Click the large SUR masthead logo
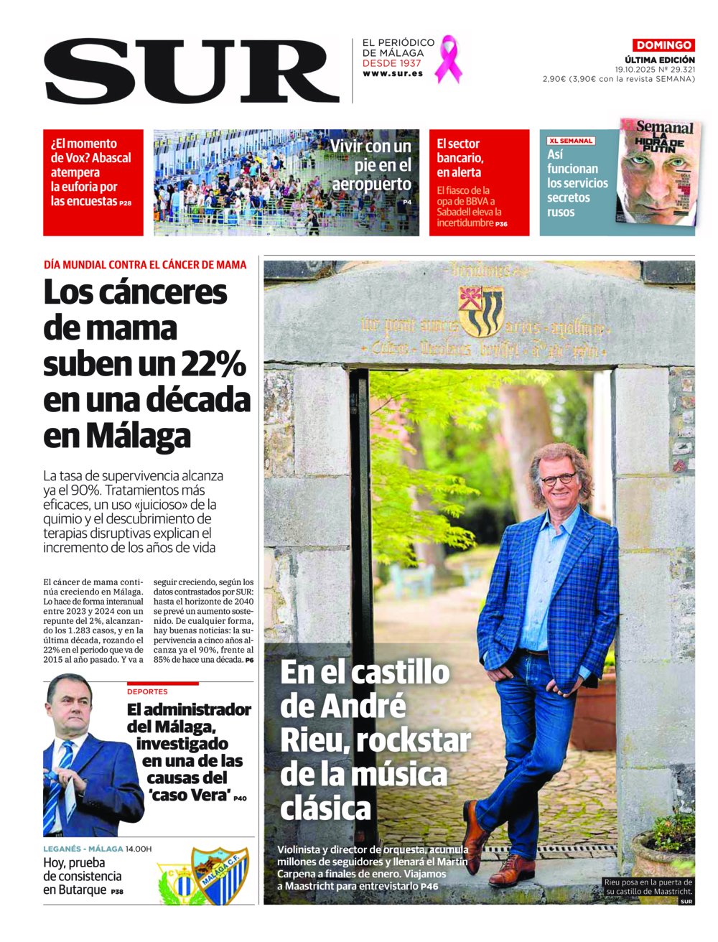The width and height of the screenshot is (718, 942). [191, 70]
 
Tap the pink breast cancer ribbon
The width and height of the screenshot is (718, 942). [450, 59]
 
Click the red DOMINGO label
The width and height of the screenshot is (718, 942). [663, 45]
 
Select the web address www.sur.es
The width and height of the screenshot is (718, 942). [392, 74]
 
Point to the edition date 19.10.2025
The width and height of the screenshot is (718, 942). [638, 70]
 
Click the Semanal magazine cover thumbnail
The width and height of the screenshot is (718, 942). [657, 172]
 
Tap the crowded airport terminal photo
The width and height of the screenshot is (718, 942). [237, 182]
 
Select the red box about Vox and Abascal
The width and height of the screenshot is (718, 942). [93, 182]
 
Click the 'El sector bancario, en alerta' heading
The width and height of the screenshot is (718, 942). [460, 157]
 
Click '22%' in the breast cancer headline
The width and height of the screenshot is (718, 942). [216, 364]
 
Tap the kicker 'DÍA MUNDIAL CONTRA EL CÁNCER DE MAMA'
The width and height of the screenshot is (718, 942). [145, 265]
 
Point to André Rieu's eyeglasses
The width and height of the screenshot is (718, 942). [558, 479]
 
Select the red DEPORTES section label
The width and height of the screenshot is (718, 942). [147, 691]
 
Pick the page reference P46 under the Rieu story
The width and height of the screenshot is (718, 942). [429, 887]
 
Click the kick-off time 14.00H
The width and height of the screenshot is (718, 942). [139, 849]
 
